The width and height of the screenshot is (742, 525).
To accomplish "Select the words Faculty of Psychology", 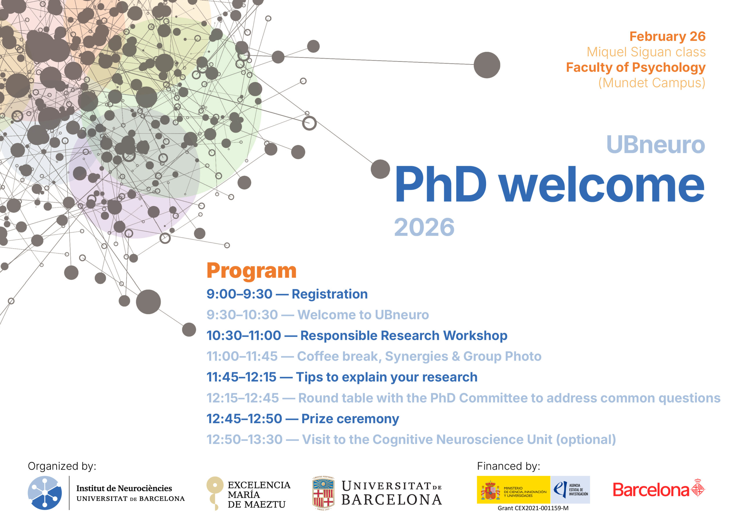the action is point(636,68).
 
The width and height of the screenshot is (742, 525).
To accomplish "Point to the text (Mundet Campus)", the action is point(652,83).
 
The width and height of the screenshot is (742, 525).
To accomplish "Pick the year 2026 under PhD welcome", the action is point(424,227).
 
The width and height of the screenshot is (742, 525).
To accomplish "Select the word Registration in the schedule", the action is point(330,294).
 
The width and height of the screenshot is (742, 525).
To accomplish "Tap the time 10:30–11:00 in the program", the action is point(244,335).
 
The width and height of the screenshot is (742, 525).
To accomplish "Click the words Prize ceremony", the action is point(350,419).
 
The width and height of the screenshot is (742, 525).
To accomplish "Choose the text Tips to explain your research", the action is point(387,377).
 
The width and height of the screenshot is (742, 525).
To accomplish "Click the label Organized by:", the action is point(62,466).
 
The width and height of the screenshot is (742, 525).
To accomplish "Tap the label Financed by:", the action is point(509,466).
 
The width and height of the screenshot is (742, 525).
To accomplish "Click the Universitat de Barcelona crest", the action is point(323,493).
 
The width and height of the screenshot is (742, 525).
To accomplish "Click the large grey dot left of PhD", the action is point(380,169).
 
